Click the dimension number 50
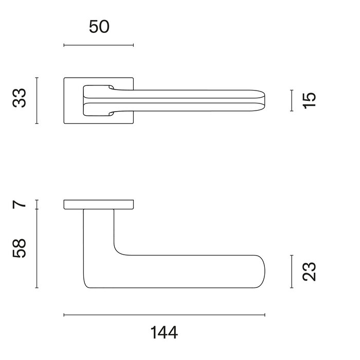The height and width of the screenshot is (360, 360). tap(99, 27)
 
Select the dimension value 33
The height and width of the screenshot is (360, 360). tap(20, 98)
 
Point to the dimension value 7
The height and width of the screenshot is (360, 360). tap(20, 204)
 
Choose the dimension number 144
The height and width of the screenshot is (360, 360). tap(165, 333)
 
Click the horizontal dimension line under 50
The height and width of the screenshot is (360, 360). tap(98, 45)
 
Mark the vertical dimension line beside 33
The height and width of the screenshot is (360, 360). tap(37, 100)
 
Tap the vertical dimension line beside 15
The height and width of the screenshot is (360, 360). tap(291, 100)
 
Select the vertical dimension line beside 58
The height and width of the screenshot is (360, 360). tap(37, 249)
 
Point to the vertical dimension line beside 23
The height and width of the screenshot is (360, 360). tap(291, 271)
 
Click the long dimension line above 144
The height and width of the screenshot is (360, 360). tap(164, 314)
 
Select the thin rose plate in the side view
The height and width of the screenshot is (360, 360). tap(98, 204)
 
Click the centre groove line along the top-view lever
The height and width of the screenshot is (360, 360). tap(180, 101)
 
